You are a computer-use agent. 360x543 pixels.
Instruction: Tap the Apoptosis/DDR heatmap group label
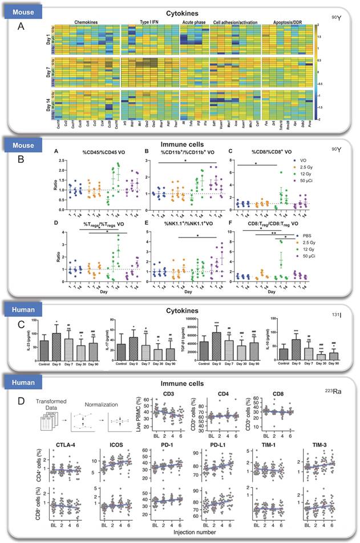[x=282, y=22]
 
